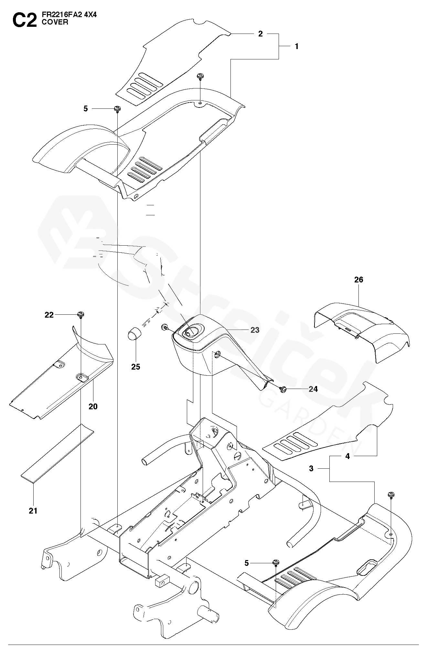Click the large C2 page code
click(x=24, y=20)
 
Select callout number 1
click(x=296, y=46)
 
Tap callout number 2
click(x=260, y=34)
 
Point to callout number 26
click(x=358, y=280)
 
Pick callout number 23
click(x=255, y=330)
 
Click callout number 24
click(x=313, y=389)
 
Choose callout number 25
click(x=136, y=367)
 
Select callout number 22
click(x=49, y=315)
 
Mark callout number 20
click(x=93, y=406)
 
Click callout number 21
click(x=33, y=511)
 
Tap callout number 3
click(x=311, y=468)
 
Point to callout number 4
click(x=347, y=456)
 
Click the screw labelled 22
click(x=80, y=314)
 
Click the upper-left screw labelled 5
click(x=117, y=109)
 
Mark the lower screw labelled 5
click(x=276, y=563)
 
